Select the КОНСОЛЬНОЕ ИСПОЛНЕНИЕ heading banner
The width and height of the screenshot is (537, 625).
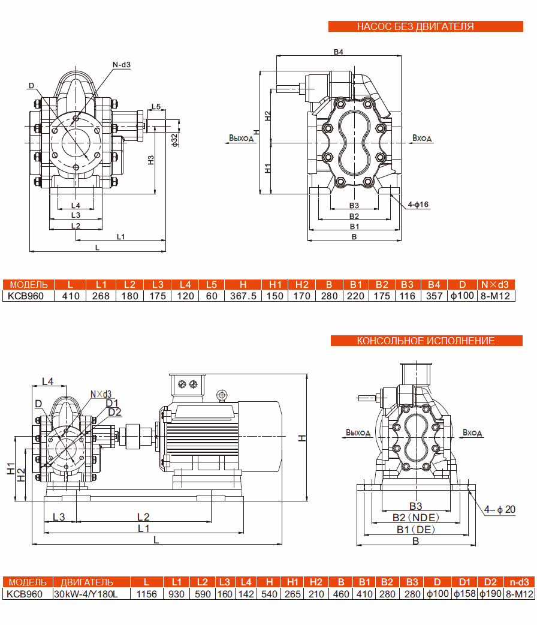(426, 341)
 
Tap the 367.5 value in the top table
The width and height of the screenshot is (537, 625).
(243, 296)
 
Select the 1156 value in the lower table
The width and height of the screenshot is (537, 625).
(146, 594)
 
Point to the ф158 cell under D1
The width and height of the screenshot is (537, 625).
(464, 594)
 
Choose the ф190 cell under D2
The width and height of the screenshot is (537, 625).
(490, 594)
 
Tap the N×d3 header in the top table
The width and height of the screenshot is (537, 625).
(495, 284)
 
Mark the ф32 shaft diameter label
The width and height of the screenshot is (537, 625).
(174, 139)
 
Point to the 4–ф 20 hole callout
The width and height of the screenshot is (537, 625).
(500, 510)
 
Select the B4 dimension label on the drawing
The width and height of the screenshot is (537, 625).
(339, 52)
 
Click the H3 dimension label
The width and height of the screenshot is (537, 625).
(151, 160)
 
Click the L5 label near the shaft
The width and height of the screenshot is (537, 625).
(156, 107)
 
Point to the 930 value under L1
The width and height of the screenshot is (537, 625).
(176, 594)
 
